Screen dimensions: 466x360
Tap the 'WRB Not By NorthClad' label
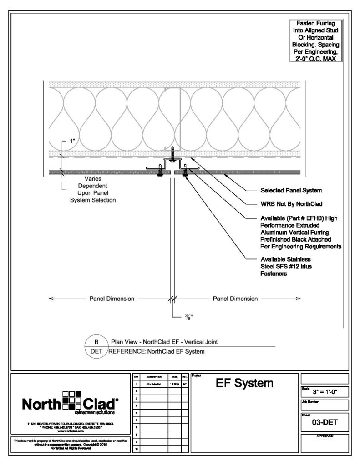[x=289, y=203]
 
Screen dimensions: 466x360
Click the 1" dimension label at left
[x=73, y=141]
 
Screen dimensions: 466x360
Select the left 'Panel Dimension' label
[x=111, y=299]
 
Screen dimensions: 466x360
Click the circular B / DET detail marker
[x=96, y=347]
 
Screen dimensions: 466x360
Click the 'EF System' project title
[x=244, y=384]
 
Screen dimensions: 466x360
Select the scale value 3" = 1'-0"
[x=325, y=391]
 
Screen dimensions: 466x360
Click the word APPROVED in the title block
[x=324, y=436]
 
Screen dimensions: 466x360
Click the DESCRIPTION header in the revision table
[x=150, y=377]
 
